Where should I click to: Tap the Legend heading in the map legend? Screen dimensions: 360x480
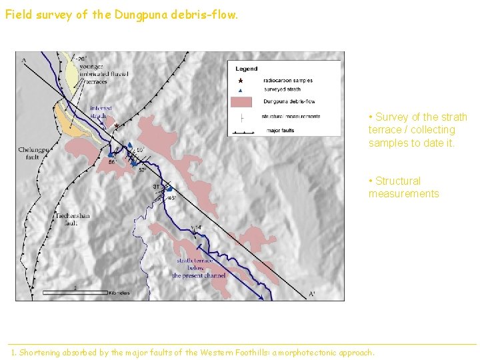click(x=246, y=69)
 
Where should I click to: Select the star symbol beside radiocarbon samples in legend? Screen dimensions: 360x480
click(x=241, y=81)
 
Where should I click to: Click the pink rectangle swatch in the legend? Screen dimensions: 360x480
click(x=241, y=101)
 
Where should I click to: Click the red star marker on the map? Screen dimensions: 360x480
click(x=117, y=125)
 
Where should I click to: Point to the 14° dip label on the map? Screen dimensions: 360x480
click(x=198, y=228)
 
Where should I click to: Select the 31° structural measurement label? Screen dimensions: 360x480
click(x=157, y=187)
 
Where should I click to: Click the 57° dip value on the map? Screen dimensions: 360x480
click(x=143, y=170)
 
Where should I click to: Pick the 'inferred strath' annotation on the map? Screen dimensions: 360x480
click(x=100, y=111)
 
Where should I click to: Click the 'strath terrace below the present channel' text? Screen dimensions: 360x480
click(x=198, y=268)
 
